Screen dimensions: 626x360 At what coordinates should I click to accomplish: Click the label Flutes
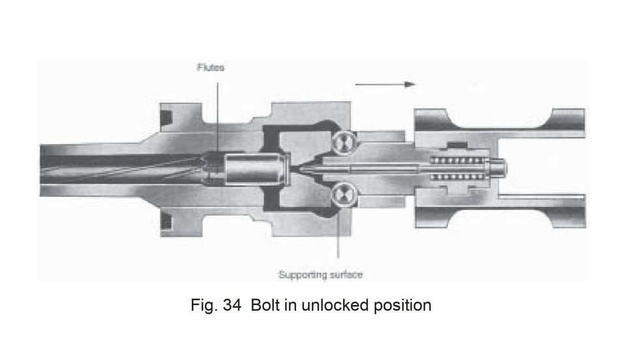pyautogui.click(x=211, y=67)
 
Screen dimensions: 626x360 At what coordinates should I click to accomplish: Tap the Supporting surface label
pyautogui.click(x=320, y=275)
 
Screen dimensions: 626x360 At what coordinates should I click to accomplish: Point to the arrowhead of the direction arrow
pyautogui.click(x=410, y=84)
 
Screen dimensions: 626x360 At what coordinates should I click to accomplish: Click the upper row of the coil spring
pyautogui.click(x=456, y=160)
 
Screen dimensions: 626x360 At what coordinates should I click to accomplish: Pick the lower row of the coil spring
pyautogui.click(x=456, y=176)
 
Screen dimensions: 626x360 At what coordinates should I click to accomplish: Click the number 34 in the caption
pyautogui.click(x=232, y=305)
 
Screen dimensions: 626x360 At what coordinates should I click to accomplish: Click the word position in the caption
pyautogui.click(x=402, y=306)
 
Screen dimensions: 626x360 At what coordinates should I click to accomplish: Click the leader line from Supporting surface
pyautogui.click(x=338, y=232)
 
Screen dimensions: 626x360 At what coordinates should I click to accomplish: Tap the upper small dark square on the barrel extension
pyautogui.click(x=166, y=116)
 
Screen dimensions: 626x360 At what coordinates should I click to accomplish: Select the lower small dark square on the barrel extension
pyautogui.click(x=166, y=222)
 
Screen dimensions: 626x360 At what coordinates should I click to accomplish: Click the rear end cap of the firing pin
pyautogui.click(x=498, y=168)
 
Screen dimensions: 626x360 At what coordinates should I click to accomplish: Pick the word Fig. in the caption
pyautogui.click(x=204, y=306)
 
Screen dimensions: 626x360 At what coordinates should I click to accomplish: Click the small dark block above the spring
pyautogui.click(x=458, y=144)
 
